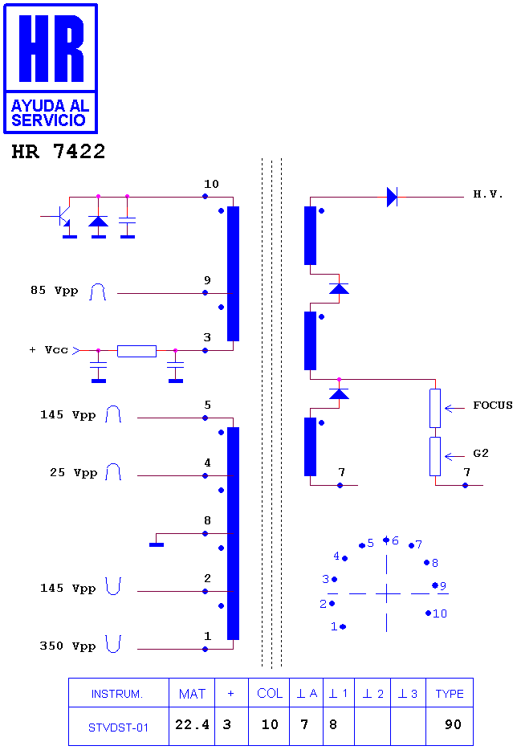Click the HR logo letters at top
(x=51, y=48)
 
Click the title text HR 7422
(x=59, y=152)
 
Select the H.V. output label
(x=488, y=194)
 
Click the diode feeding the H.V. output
(x=393, y=197)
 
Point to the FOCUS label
(x=493, y=406)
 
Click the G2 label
(x=481, y=453)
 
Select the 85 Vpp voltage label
(x=54, y=291)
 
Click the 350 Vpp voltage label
(x=67, y=646)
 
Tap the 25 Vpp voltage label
(x=73, y=473)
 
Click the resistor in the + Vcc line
(x=136, y=351)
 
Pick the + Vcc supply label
(x=49, y=349)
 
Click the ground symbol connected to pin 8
(x=157, y=544)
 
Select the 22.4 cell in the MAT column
(x=192, y=724)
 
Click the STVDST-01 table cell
(x=118, y=728)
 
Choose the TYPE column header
(x=450, y=694)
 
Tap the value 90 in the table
(x=453, y=724)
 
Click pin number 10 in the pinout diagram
(x=440, y=613)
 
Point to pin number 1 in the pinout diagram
(x=334, y=626)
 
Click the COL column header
(x=270, y=693)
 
